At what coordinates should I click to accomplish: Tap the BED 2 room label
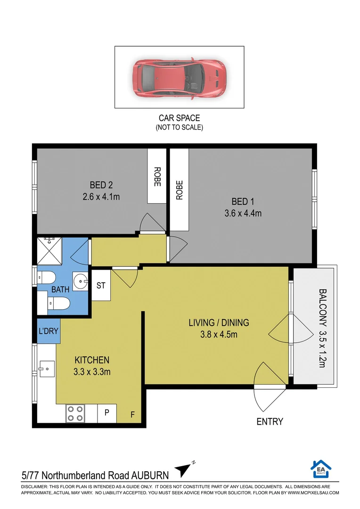point(101,185)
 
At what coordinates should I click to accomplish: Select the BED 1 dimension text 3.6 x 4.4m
point(243,213)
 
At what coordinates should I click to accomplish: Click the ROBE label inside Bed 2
point(157,177)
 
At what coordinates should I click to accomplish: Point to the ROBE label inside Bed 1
point(179,190)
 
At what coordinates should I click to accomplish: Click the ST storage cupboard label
point(101,285)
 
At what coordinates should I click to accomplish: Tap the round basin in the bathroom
point(80,281)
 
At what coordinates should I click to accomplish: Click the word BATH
point(60,289)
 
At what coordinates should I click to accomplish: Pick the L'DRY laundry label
point(49,331)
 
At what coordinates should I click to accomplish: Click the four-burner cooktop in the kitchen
point(75,414)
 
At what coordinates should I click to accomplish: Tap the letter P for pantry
point(107,412)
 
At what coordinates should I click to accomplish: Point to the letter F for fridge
point(132,415)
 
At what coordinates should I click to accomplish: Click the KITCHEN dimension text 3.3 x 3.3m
point(92,372)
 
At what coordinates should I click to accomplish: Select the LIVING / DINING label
point(219,323)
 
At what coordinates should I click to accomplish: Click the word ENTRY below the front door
point(270,421)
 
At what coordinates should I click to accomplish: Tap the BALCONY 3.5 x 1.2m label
point(322,328)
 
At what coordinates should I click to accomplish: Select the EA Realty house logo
point(321,469)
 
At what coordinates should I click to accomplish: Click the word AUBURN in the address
point(150,476)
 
